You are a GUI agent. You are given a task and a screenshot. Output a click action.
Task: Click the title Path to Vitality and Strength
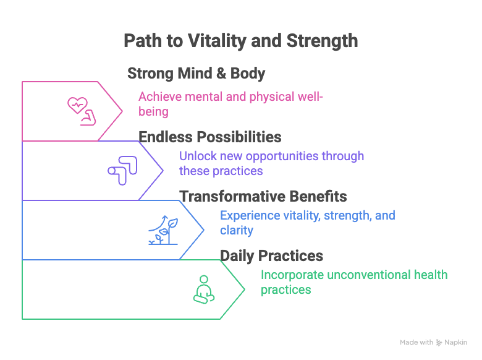pyautogui.click(x=240, y=41)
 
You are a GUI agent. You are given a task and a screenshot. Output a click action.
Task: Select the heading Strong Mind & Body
pyautogui.click(x=196, y=74)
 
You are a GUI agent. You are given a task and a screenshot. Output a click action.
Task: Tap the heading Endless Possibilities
pyautogui.click(x=210, y=137)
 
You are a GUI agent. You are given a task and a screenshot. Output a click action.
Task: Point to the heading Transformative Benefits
pyautogui.click(x=263, y=197)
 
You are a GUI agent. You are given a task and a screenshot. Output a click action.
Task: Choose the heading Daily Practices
pyautogui.click(x=271, y=255)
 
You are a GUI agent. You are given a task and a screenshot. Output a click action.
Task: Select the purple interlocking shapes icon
pyautogui.click(x=122, y=171)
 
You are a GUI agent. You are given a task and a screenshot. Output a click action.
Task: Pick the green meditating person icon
pyautogui.click(x=203, y=289)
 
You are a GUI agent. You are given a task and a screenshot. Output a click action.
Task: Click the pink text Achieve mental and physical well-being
pyautogui.click(x=230, y=104)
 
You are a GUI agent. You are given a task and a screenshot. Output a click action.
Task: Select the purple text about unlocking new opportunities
pyautogui.click(x=271, y=163)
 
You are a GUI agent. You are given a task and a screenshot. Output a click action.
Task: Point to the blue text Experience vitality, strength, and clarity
pyautogui.click(x=307, y=223)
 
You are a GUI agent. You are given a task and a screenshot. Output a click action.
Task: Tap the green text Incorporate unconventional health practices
pyautogui.click(x=353, y=282)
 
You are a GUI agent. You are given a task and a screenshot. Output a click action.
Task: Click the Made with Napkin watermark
pyautogui.click(x=433, y=342)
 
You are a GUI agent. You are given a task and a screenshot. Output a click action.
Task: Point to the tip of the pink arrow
pyautogui.click(x=122, y=111)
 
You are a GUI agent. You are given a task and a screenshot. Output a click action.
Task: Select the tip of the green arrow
pyautogui.click(x=244, y=289)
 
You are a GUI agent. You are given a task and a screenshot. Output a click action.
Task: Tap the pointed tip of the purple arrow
pyautogui.click(x=163, y=171)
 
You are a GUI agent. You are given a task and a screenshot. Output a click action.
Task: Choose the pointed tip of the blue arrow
pyautogui.click(x=203, y=230)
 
